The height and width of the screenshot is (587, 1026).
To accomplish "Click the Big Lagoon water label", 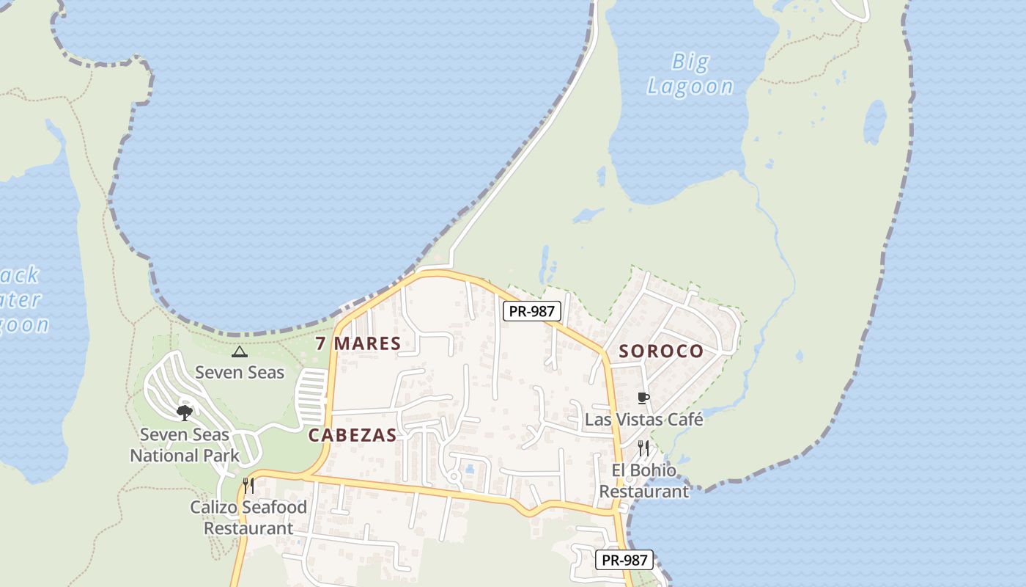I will (690, 74).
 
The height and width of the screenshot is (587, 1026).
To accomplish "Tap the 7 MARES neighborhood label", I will (358, 343).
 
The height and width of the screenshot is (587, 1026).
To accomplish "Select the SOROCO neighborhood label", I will (661, 351).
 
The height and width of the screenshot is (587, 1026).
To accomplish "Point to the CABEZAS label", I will (353, 435).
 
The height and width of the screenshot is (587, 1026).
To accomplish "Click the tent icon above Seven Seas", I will (239, 351).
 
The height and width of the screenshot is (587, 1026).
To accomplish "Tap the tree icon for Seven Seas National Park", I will (185, 412).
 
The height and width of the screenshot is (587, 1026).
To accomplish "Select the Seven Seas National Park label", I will (185, 445).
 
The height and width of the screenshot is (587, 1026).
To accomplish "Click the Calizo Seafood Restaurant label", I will (248, 517).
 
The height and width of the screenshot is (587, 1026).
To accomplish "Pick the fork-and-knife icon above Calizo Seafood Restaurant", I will (248, 485).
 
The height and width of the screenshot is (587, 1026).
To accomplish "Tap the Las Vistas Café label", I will (643, 420).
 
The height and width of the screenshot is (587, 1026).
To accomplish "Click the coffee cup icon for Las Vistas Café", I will (643, 398).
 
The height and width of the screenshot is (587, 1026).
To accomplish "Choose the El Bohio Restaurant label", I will (644, 481).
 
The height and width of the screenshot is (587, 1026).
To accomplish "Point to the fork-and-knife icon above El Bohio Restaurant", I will (643, 448).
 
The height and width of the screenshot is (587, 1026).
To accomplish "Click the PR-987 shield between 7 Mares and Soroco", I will (532, 311).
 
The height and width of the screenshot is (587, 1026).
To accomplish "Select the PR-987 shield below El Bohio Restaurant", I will (624, 560).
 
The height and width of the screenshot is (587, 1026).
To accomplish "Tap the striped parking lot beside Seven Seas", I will (311, 397).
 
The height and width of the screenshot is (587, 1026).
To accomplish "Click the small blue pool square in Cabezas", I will (469, 468).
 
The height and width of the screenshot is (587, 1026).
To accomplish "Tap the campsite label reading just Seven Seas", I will (239, 372).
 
